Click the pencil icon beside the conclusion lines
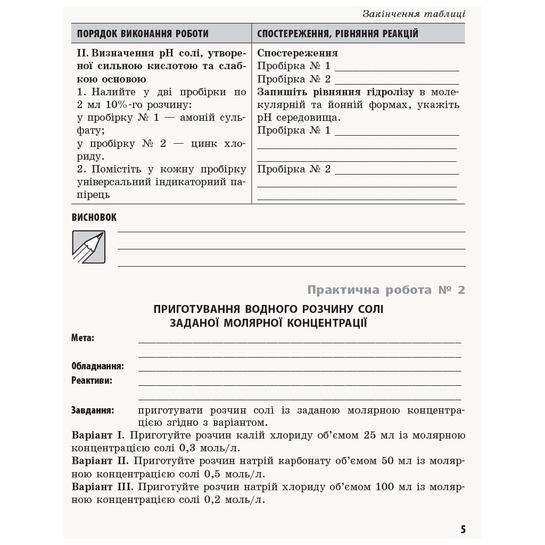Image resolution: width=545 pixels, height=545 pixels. coord(89,246)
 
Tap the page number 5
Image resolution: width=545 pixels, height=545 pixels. coord(463,529)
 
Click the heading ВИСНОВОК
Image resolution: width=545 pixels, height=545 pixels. coord(94,217)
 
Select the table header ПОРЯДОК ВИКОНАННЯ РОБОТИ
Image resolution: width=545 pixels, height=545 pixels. coord(143,34)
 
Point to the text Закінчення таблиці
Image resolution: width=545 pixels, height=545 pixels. coord(414,14)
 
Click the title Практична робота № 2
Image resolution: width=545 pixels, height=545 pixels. coord(386,290)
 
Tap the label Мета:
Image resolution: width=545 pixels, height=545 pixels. coord(83,338)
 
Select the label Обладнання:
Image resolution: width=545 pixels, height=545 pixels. coord(97,366)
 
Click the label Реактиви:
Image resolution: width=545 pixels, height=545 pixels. coord(92,381)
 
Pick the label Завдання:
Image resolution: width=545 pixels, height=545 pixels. coord(92,410)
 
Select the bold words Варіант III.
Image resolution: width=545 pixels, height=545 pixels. coord(101,486)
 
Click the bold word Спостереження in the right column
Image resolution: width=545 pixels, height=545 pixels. coord(297,53)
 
